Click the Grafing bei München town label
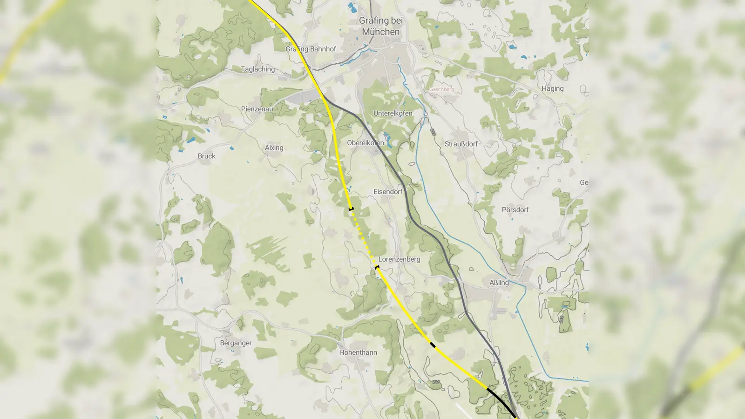point(381,26)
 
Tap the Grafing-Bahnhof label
point(311,49)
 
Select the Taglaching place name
point(257,69)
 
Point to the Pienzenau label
point(257,109)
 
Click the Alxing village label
point(274,148)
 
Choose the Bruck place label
point(206,156)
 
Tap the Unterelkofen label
point(393,113)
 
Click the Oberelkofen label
point(366,143)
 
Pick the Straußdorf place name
point(461,144)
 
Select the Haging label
point(552,88)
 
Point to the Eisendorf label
point(388,192)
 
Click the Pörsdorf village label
point(515,210)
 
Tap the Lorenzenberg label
point(399,259)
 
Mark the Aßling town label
point(499,283)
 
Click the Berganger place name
point(236,343)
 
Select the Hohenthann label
point(358,352)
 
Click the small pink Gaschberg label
point(441,89)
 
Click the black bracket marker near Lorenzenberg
point(377,268)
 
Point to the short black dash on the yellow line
point(433,345)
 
